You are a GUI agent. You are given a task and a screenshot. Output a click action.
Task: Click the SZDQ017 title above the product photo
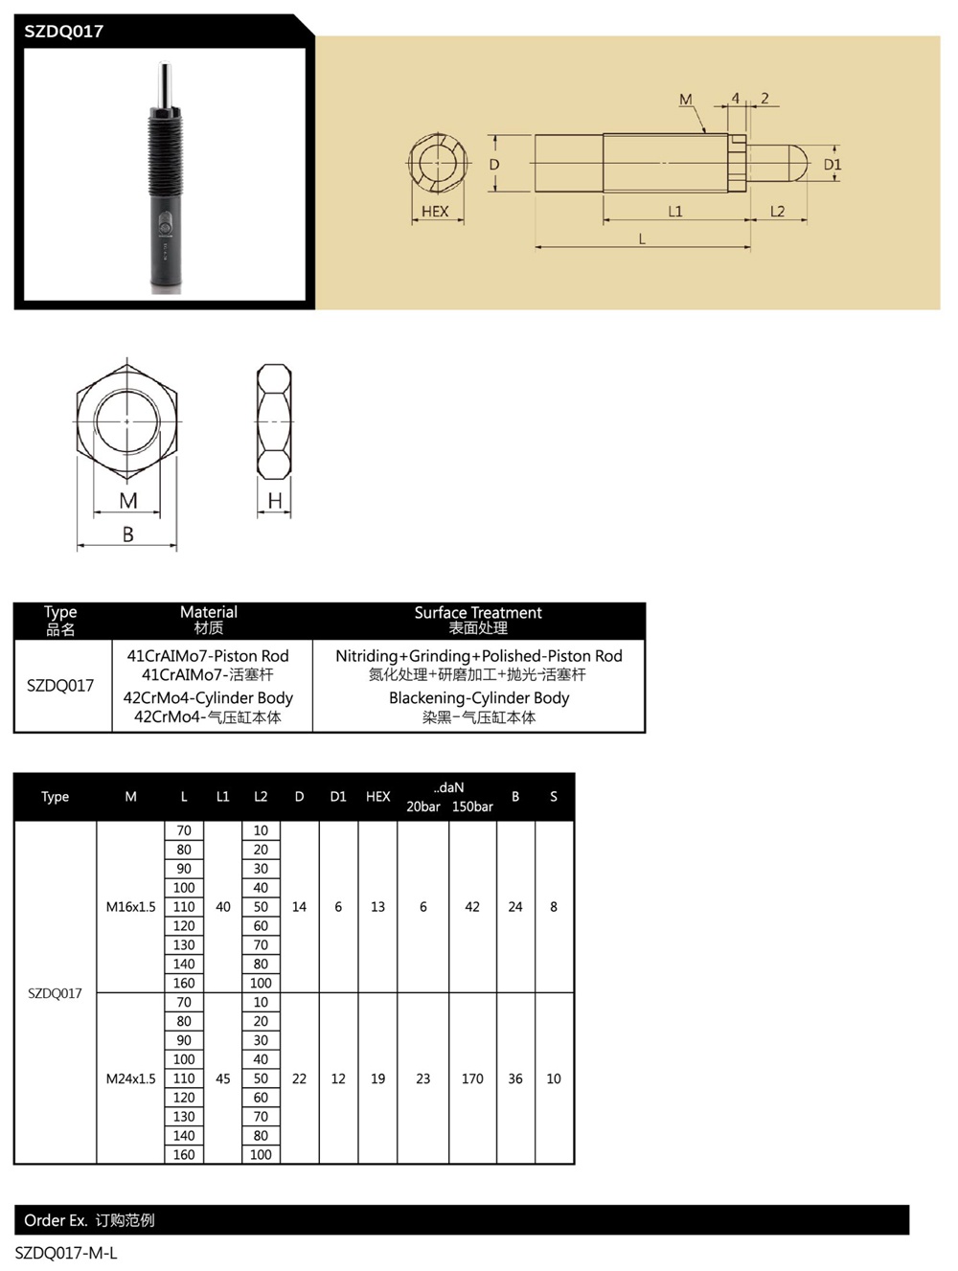coord(64,32)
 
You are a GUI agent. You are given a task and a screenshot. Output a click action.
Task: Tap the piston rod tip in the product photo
coord(165,65)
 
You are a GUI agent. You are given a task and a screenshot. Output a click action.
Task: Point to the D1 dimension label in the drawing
coord(833,165)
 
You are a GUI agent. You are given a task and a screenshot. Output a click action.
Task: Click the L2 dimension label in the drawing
coord(777,212)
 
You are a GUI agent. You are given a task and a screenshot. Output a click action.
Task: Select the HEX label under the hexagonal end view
coord(435,212)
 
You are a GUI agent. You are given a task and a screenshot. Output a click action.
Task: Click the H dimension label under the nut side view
coord(275,500)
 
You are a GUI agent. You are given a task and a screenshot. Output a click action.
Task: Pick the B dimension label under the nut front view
coord(128,533)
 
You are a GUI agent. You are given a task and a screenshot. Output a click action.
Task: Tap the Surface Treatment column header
coord(478,613)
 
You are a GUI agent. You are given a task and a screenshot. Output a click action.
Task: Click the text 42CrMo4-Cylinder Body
coord(208,697)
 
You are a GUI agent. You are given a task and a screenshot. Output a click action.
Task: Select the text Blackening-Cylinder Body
coord(479,697)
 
